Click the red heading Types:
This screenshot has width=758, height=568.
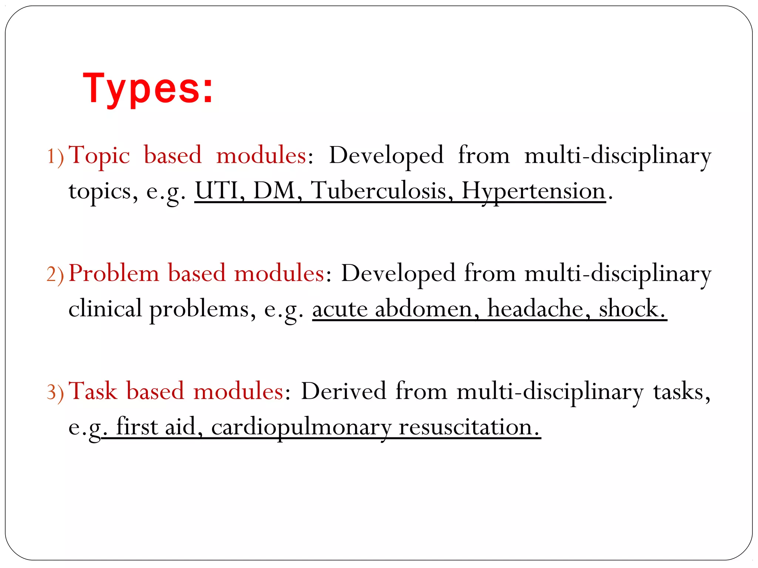tap(148, 89)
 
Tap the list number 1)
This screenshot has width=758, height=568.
tap(56, 156)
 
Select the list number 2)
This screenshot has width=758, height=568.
tap(56, 275)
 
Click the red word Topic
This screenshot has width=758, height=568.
tap(99, 155)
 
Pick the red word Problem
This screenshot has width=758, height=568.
tap(114, 274)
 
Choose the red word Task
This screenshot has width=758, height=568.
tap(93, 391)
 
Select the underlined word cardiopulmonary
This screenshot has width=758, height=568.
tap(301, 427)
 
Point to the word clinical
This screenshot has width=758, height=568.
tap(105, 309)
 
